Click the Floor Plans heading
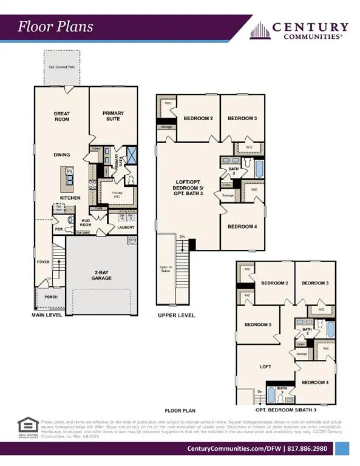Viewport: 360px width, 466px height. point(55,27)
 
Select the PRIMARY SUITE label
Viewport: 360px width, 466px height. point(114,116)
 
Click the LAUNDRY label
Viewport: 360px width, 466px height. point(125,228)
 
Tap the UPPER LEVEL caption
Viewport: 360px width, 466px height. point(176,316)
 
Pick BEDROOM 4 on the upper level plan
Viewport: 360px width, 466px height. point(243,226)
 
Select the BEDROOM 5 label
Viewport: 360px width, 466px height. point(257,325)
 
